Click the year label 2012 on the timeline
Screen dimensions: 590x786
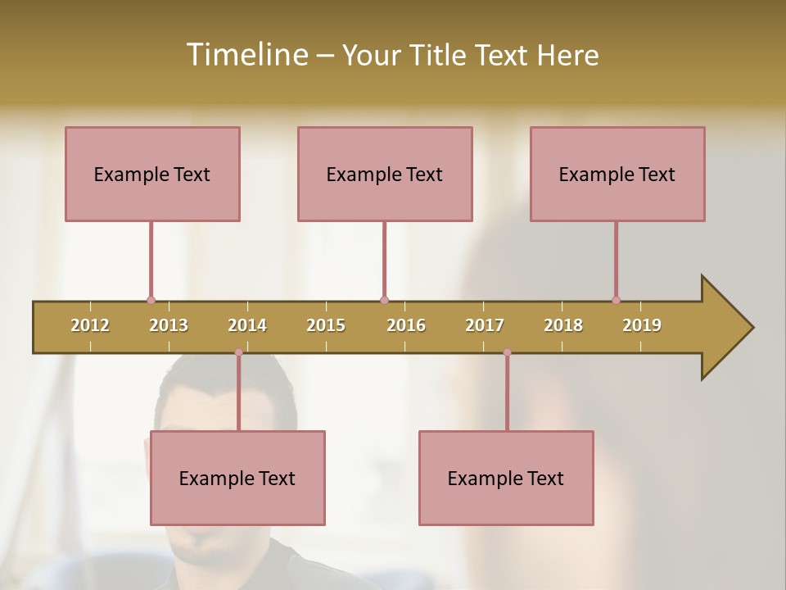pos(90,325)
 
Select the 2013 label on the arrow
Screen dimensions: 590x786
pos(169,325)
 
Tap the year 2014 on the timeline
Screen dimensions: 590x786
pos(247,325)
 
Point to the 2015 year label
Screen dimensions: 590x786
pos(326,325)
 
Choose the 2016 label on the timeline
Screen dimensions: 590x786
pos(406,325)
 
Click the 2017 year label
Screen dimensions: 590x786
pos(485,325)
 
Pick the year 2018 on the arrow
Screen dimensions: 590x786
pos(563,325)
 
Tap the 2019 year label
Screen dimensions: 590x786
pos(642,325)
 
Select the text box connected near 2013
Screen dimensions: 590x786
pos(152,174)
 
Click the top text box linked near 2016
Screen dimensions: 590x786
pos(385,174)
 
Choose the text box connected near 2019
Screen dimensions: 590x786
pos(617,174)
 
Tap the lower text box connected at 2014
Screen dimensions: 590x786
pos(237,478)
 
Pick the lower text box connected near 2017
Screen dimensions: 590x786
pos(506,478)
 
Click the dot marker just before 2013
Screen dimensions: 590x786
pos(151,300)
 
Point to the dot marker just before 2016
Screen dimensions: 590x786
pos(384,300)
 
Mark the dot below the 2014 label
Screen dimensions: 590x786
pos(238,352)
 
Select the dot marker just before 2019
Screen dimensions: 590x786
pos(616,300)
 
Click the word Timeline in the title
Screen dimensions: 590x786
pos(246,55)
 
